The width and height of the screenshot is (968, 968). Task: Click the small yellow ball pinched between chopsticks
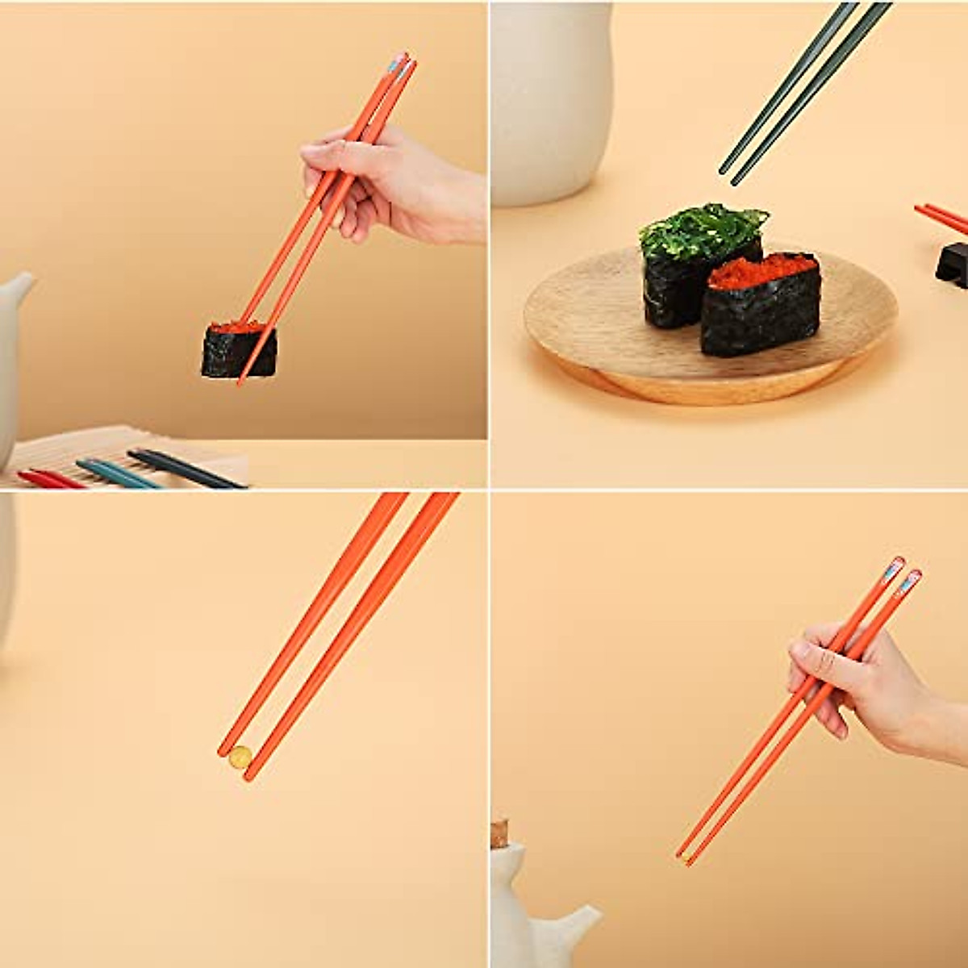[240, 757]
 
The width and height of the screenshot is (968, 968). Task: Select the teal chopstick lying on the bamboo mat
[117, 474]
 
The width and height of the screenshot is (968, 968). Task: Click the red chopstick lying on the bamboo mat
[48, 479]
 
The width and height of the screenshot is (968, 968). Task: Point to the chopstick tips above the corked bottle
[684, 857]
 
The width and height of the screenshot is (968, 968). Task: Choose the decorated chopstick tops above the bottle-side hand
[903, 573]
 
